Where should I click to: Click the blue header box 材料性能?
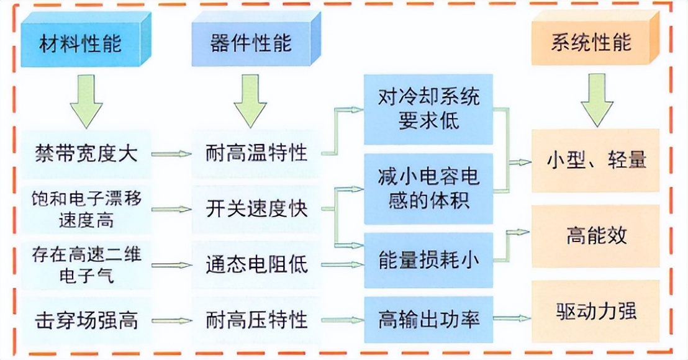click(x=81, y=44)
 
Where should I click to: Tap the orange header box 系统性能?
click(x=591, y=42)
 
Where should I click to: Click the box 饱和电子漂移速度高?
click(x=86, y=209)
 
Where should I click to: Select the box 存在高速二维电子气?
click(x=86, y=264)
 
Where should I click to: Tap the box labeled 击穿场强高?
click(x=86, y=320)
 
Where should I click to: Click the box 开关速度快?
click(x=256, y=209)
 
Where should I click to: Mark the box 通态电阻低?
click(x=256, y=265)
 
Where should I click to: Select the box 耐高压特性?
click(x=256, y=320)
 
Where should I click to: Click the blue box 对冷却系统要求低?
click(x=428, y=109)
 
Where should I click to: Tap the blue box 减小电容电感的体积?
click(x=428, y=189)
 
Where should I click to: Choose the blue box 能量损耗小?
click(x=428, y=261)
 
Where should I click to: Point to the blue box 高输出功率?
click(x=428, y=320)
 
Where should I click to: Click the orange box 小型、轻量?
click(x=596, y=160)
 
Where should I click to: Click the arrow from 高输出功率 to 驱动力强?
click(x=512, y=319)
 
